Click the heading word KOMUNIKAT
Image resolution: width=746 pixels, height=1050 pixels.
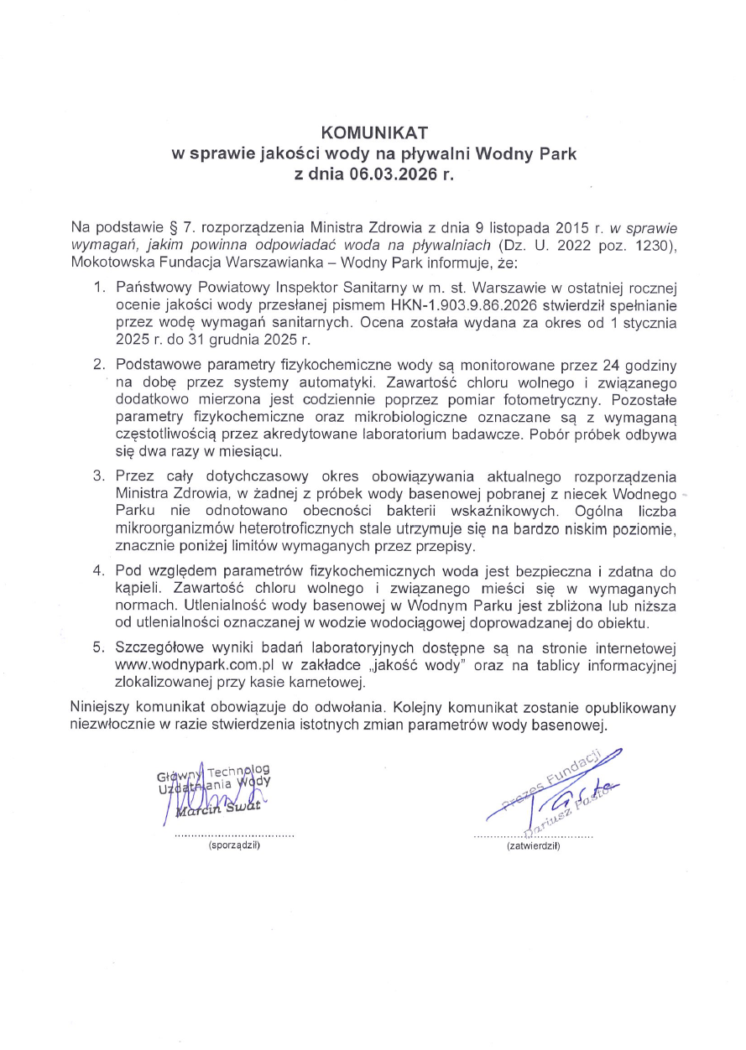click(375, 133)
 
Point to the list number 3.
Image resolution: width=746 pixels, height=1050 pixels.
click(99, 476)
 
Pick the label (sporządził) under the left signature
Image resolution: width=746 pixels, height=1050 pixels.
click(234, 848)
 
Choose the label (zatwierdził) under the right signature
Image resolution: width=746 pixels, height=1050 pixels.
click(533, 848)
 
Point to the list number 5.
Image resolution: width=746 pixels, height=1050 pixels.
click(99, 649)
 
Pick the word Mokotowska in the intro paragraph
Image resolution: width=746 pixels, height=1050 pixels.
click(108, 261)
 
